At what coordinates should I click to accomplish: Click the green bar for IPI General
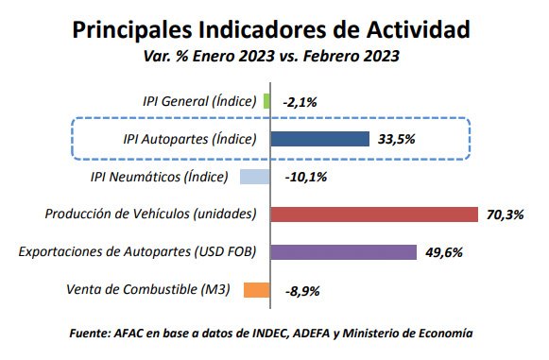coord(267,101)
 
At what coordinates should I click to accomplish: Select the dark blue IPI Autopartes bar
coord(320,139)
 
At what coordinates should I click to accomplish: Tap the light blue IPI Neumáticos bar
coord(255,177)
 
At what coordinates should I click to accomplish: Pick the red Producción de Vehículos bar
coord(374,214)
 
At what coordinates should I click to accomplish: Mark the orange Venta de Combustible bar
coord(257,289)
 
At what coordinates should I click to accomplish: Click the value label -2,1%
coord(300,101)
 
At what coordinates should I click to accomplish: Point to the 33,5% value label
coord(397,139)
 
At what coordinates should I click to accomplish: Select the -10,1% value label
coord(304,177)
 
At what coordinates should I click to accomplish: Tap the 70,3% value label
coord(505,214)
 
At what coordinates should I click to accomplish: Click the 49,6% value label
coord(444,252)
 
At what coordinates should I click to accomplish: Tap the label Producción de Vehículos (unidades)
coord(151,214)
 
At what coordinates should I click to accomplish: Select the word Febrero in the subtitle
coord(334,57)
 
